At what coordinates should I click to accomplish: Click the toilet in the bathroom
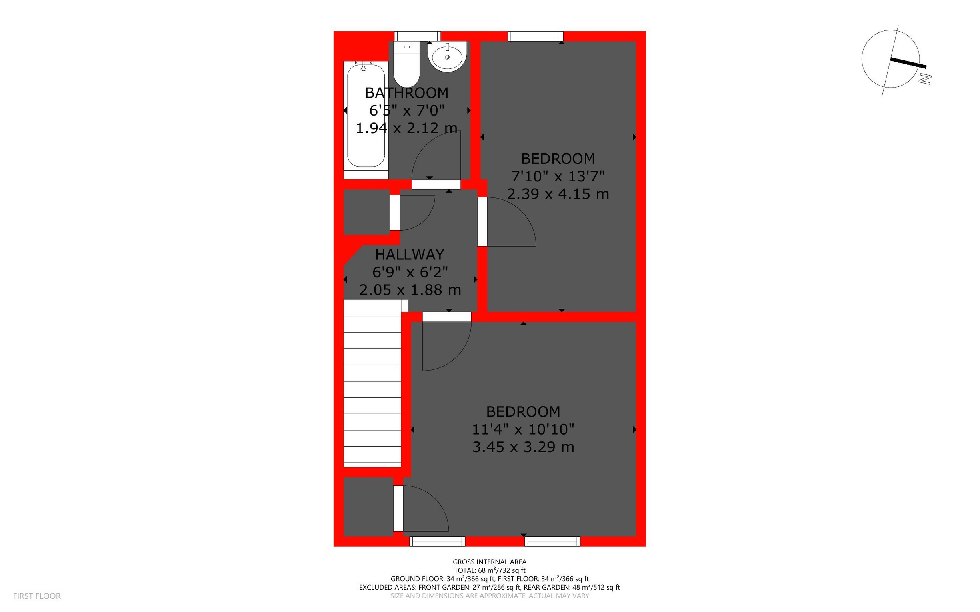tap(406, 65)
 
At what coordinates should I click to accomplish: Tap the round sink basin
tap(447, 57)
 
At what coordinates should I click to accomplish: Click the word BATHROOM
tap(406, 93)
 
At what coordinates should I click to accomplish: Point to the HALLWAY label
tap(410, 254)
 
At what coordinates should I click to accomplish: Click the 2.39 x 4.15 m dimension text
tap(558, 194)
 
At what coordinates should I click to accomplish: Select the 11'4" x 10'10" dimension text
tap(523, 429)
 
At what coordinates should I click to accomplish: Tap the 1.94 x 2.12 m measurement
tap(406, 128)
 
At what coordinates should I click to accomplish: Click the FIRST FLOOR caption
tap(37, 596)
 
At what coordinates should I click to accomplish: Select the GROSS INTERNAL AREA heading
tap(489, 562)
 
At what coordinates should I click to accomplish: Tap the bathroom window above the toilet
tap(418, 36)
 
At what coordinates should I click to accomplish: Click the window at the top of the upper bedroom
tap(535, 36)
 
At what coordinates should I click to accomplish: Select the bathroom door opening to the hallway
tap(436, 185)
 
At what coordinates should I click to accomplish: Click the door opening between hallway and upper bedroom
tap(482, 222)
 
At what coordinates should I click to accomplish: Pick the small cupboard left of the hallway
tap(366, 212)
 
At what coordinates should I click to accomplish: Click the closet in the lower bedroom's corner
tap(368, 507)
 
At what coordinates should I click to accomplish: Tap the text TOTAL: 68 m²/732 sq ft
tap(489, 570)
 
